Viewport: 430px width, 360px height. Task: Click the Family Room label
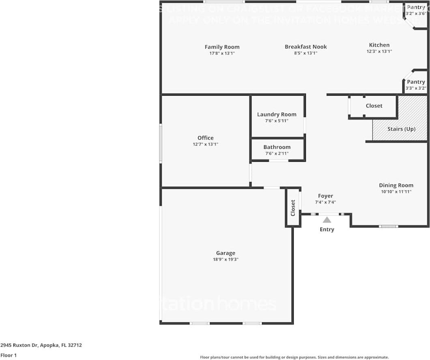click(222, 47)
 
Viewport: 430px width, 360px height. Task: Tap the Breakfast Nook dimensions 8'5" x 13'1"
click(305, 53)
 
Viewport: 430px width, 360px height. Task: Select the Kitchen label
click(379, 45)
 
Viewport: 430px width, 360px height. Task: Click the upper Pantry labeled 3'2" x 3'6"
click(416, 10)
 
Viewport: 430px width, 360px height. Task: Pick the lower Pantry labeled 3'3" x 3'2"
click(416, 84)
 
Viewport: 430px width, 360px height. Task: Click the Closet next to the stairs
click(374, 106)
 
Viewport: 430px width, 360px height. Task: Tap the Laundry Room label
click(277, 114)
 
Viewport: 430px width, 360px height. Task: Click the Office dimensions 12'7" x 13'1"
click(205, 144)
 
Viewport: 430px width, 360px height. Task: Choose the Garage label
click(226, 253)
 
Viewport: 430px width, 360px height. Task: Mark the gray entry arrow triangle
click(327, 220)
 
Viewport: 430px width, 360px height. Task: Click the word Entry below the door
click(327, 229)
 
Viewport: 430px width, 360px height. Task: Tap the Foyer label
click(325, 196)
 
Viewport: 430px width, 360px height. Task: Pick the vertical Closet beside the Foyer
click(293, 208)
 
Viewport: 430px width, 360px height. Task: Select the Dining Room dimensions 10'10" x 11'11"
click(396, 191)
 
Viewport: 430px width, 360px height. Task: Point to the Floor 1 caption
click(9, 355)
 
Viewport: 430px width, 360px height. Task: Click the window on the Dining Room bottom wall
click(388, 226)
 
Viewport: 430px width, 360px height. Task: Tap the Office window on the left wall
click(161, 143)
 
